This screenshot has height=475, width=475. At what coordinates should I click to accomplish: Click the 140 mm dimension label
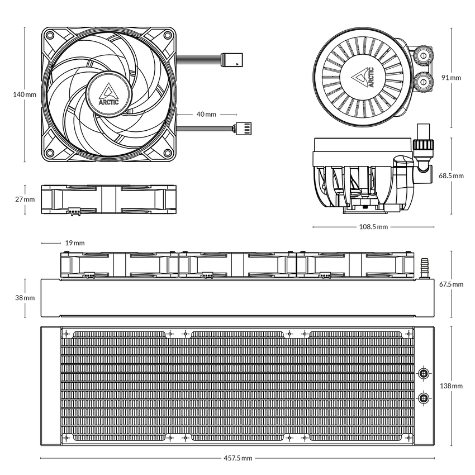(24, 95)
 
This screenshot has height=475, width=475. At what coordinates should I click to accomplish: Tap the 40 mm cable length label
(206, 114)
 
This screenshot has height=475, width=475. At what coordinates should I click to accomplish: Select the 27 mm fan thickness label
(24, 199)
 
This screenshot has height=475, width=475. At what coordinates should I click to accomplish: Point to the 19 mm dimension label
(75, 243)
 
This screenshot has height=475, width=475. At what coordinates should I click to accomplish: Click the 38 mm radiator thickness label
(24, 298)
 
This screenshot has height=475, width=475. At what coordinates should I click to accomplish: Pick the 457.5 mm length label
(237, 458)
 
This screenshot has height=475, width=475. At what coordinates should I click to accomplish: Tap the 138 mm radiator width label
(452, 386)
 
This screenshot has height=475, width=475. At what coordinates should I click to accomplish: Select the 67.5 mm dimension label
(451, 284)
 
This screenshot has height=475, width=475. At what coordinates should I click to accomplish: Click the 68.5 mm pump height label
(451, 175)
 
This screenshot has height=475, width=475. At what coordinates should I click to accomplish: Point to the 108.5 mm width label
(373, 227)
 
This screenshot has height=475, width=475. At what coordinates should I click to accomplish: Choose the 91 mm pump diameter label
(451, 78)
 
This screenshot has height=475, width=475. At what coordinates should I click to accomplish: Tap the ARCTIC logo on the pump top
(364, 78)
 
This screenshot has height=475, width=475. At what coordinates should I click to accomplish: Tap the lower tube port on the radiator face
(424, 398)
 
